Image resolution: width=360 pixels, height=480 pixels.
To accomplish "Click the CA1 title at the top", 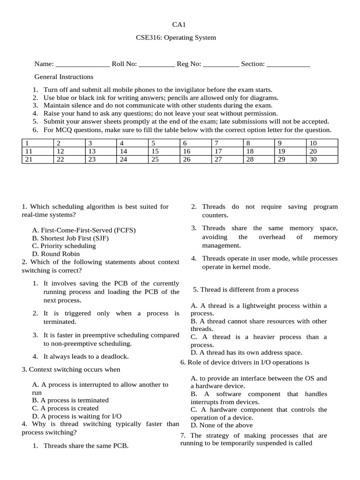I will [x=180, y=25].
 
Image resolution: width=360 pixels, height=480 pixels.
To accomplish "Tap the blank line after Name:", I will [x=82, y=64].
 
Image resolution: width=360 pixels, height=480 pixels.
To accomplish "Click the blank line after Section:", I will [x=288, y=64].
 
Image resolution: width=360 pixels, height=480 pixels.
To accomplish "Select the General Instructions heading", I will [x=64, y=77].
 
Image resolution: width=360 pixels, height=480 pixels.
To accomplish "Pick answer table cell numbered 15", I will [x=164, y=151].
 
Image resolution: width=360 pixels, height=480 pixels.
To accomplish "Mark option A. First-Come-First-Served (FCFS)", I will [x=84, y=230].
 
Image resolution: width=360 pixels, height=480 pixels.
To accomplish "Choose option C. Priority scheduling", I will [x=64, y=246].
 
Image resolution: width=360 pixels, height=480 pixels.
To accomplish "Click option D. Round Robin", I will [x=56, y=254].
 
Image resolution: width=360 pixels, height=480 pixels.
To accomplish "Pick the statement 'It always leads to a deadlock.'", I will [x=86, y=356].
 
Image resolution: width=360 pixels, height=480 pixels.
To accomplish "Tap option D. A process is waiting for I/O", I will [x=77, y=416].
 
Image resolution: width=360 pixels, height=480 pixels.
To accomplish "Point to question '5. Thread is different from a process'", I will [x=246, y=290].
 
